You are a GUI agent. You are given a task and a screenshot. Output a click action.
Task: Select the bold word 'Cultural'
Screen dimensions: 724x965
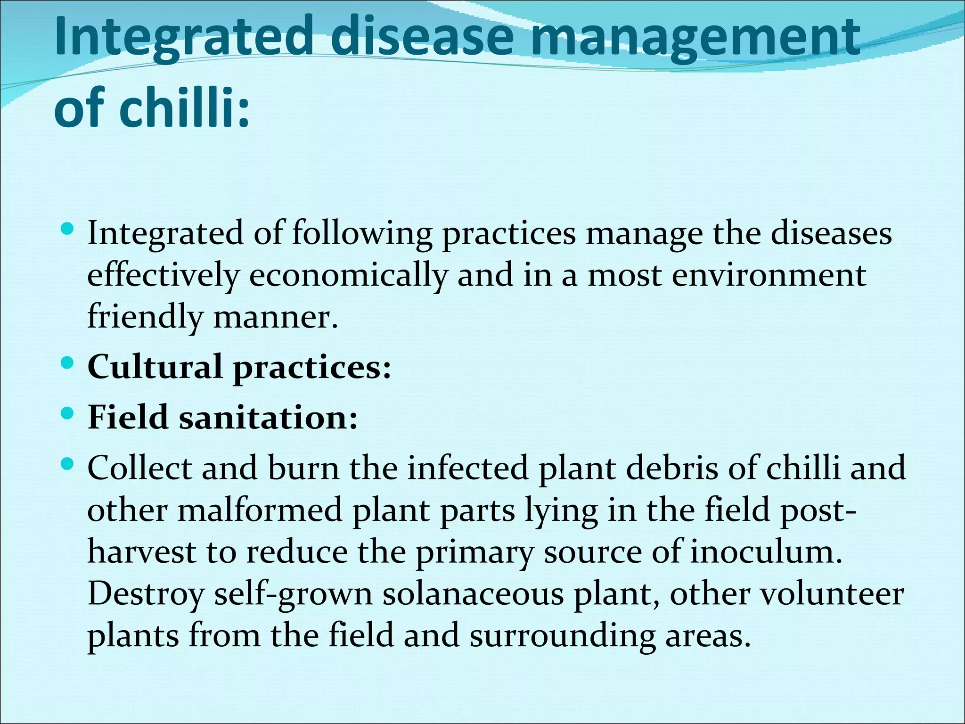155,367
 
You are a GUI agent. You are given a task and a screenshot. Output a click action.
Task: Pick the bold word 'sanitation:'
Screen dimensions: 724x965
268,418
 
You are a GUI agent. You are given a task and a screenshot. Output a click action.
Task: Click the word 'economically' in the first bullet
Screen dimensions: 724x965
348,275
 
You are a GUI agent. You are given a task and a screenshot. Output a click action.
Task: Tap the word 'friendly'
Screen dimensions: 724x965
145,317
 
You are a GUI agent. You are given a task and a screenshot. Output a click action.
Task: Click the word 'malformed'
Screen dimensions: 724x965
260,510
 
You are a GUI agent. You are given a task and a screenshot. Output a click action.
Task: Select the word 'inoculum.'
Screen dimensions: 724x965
766,552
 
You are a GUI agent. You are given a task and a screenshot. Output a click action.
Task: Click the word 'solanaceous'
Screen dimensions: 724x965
473,594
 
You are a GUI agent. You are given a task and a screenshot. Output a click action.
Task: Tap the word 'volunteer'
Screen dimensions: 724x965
833,594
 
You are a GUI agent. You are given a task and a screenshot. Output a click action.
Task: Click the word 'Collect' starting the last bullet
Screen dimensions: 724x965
140,469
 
